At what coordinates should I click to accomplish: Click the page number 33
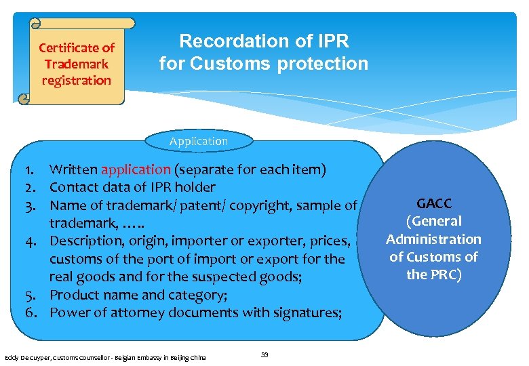click(264, 354)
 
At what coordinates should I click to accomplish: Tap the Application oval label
click(199, 141)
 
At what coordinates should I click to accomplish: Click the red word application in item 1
click(136, 169)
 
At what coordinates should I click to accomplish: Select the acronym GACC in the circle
click(433, 203)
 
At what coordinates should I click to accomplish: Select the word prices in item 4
click(331, 241)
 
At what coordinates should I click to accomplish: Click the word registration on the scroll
click(76, 80)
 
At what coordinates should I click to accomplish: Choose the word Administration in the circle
click(433, 239)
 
